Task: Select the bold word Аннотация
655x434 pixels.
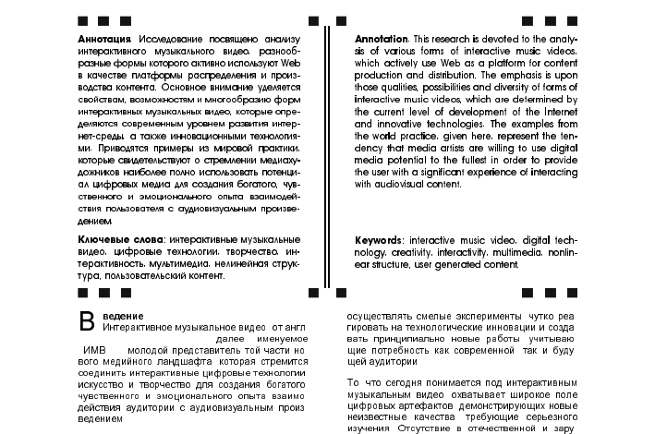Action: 106,39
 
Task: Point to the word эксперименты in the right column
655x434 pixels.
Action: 472,316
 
